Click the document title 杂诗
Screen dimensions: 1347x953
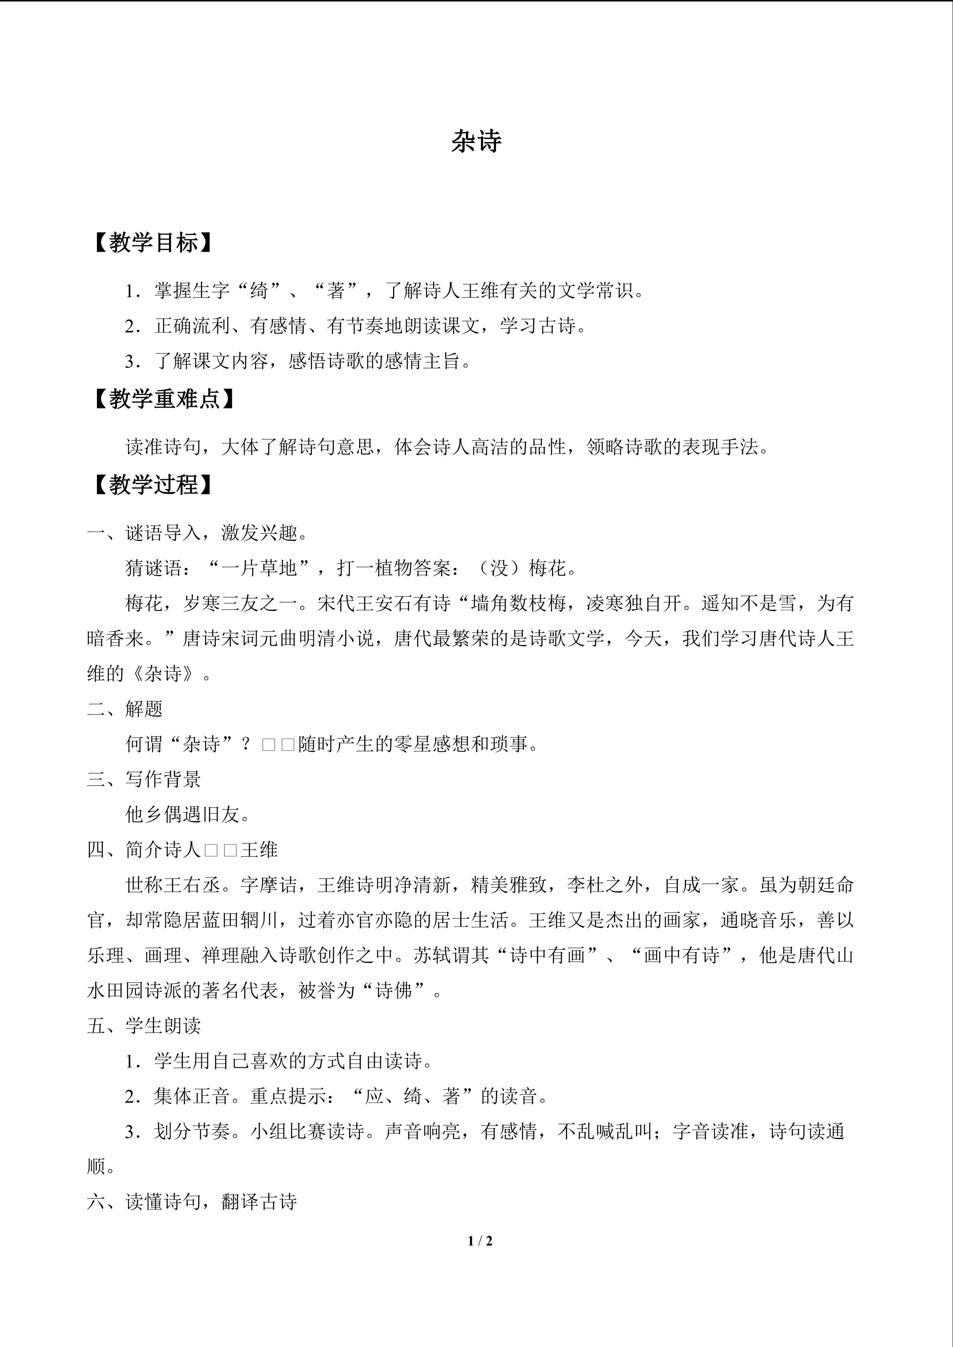[476, 142]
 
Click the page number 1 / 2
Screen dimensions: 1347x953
[480, 1241]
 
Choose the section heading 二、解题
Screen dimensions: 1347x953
[125, 709]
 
